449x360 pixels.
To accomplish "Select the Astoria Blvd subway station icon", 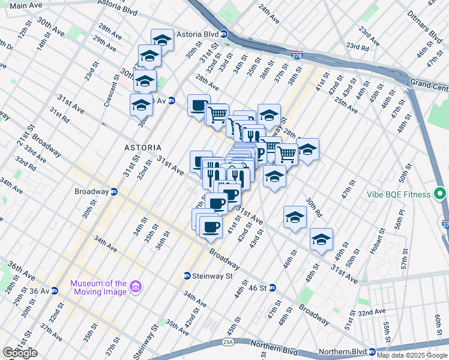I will [223, 34].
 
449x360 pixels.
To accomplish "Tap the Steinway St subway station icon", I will [187, 276].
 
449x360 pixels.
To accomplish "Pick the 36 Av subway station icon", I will [54, 291].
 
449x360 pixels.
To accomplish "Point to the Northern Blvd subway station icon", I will [372, 352].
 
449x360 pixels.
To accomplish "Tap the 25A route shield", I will [228, 342].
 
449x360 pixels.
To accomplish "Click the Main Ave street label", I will [26, 5].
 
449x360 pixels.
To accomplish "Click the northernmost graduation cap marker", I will [162, 40].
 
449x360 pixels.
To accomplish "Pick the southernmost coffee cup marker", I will [210, 227].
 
